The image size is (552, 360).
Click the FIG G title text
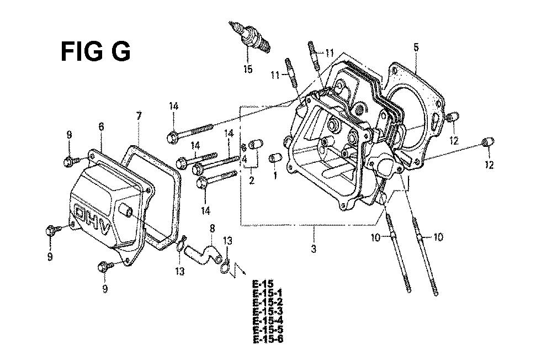pos(95,51)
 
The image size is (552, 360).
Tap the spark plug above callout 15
pos(250,36)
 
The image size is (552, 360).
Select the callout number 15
pos(248,69)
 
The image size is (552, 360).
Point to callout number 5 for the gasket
pos(416,47)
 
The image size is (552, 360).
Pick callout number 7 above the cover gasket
pos(139,116)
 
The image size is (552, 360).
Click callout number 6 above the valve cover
pos(101,127)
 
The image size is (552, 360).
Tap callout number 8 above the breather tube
pos(212,229)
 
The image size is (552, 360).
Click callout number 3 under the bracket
pos(314,248)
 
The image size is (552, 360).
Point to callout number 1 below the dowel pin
pos(275,174)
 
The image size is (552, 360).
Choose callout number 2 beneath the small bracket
pos(251,181)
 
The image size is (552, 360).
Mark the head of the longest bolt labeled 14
pos(172,137)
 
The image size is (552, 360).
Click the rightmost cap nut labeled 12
pos(488,142)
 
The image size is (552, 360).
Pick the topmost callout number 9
pos(69,135)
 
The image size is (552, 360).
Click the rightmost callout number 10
pos(438,237)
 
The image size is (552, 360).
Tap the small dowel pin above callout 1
pos(274,158)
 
